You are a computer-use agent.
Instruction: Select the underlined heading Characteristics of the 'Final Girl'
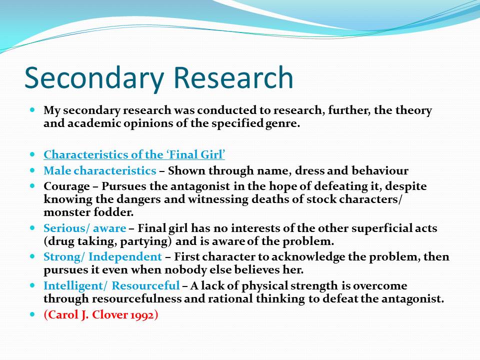134,154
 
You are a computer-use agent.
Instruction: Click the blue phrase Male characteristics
100,170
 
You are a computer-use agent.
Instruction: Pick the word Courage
66,186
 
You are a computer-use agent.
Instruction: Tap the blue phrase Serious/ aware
85,228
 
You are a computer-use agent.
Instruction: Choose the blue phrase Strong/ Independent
102,257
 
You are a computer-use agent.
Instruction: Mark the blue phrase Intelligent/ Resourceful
111,285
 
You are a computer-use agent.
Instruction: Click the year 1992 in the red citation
142,314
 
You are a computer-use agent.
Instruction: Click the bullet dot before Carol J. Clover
33,314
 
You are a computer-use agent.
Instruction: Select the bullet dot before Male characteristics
33,170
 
